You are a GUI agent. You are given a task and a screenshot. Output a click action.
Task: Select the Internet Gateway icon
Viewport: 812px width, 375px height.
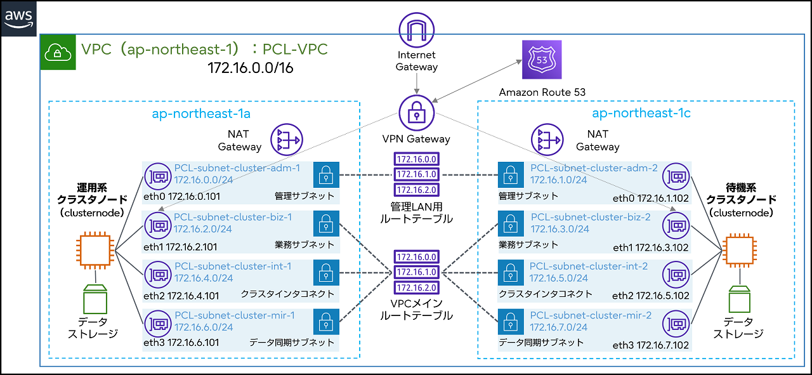[x=416, y=30]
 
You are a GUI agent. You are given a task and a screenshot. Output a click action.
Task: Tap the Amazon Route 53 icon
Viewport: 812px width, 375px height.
[x=542, y=60]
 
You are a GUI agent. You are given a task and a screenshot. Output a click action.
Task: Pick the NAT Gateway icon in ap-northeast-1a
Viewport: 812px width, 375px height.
[x=286, y=139]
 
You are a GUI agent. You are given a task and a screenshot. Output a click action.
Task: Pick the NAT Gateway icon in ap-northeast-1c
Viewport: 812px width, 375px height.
[x=547, y=139]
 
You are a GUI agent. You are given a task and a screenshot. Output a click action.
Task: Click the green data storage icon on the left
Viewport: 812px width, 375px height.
[x=95, y=298]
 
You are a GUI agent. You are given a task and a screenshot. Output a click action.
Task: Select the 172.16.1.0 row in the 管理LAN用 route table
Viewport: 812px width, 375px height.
[x=416, y=174]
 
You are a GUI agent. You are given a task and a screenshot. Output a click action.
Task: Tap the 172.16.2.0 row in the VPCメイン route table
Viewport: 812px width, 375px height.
[x=416, y=286]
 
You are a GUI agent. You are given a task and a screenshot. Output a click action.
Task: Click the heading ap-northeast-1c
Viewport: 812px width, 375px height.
[x=641, y=113]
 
